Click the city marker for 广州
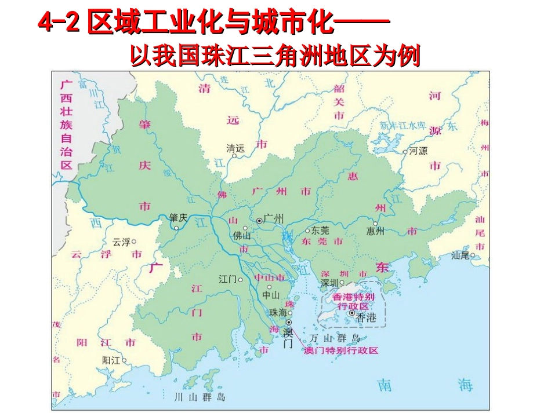pos(259,221)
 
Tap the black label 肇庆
pos(178,218)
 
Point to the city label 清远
pos(235,148)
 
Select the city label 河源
pos(418,151)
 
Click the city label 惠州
pos(375,231)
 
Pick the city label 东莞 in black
pos(320,229)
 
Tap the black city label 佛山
pos(242,236)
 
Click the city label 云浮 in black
pos(121,242)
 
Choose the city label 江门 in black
pos(228,279)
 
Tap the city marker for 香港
pos(352,313)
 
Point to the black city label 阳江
pos(111,360)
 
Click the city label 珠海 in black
pos(278,312)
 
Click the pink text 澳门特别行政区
pos(341,351)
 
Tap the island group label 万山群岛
pos(335,338)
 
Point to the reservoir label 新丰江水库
pos(403,126)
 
